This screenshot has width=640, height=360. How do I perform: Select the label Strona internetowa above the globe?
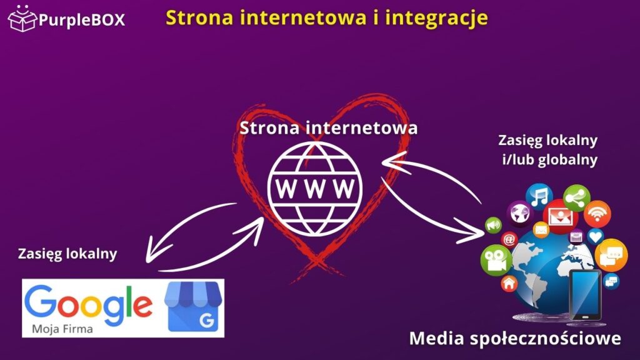pos(329,129)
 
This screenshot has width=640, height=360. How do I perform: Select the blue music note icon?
pos(539,196)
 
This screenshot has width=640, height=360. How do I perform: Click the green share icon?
pos(576,197)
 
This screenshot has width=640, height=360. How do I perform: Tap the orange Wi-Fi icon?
pos(597,214)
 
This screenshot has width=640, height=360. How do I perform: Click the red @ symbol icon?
pos(509,239)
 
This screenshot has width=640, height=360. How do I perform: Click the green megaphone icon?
pos(494,224)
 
